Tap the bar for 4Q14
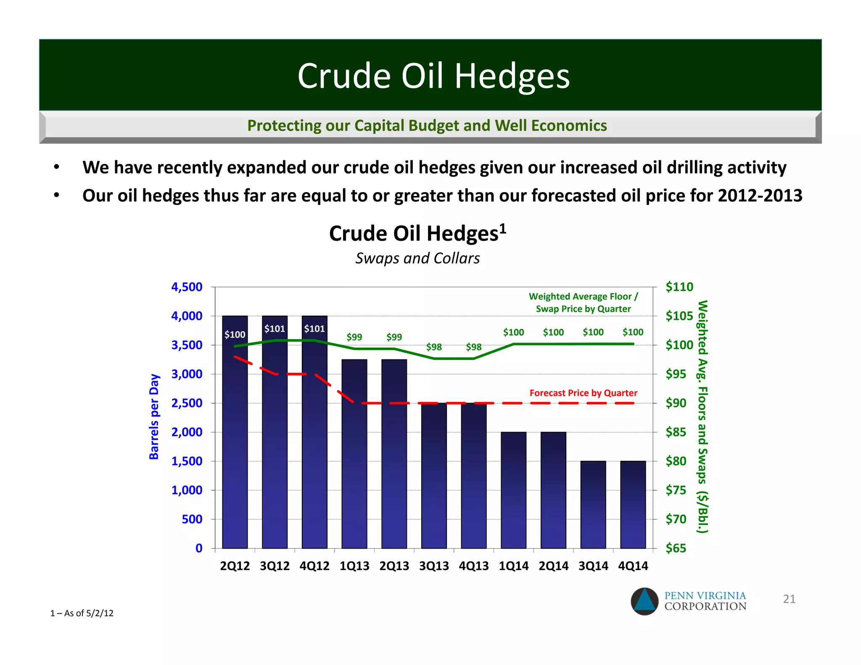(633, 504)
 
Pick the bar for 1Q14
(513, 490)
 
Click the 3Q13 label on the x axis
(434, 566)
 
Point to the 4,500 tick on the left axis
(187, 287)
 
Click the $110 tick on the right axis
(679, 287)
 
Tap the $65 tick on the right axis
(676, 548)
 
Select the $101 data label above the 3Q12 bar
(275, 329)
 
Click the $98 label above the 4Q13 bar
(473, 347)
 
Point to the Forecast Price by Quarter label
(583, 393)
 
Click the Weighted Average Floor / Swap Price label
(583, 303)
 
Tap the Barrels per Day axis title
(154, 417)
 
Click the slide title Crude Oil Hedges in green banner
(433, 76)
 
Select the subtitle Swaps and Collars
(417, 258)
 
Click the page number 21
(789, 599)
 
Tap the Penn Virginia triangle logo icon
(644, 601)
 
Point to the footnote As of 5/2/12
(82, 613)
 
